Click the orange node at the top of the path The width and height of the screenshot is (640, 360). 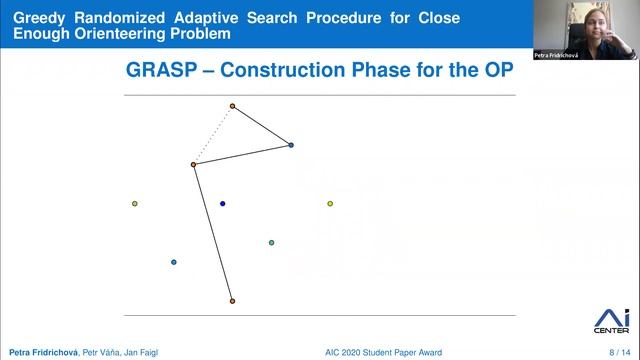232,106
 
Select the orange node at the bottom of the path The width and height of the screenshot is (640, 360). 232,301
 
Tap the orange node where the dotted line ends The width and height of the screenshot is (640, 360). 194,164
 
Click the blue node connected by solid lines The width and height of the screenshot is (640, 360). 291,145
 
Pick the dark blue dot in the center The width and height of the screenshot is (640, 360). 222,204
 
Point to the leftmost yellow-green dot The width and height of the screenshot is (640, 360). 135,204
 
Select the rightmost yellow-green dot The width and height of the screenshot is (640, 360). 330,204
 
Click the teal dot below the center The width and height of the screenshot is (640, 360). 271,243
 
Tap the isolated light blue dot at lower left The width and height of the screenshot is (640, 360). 174,262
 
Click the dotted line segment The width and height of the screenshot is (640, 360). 213,135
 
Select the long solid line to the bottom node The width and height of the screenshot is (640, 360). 213,233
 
